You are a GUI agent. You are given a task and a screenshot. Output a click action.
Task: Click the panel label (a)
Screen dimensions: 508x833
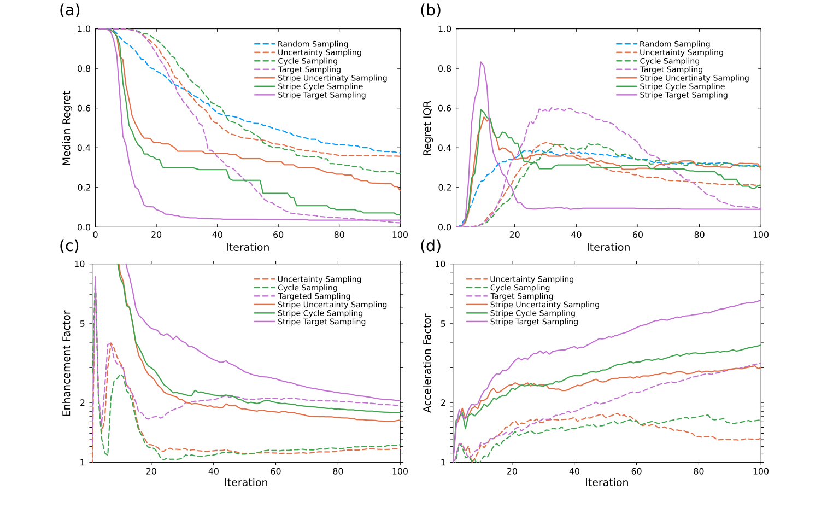coord(69,10)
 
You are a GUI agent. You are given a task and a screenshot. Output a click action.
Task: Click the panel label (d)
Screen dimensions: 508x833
coord(430,246)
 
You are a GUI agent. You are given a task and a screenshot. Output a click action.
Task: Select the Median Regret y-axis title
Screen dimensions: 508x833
coord(67,128)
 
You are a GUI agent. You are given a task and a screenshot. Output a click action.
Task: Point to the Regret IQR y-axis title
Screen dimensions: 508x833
coord(427,128)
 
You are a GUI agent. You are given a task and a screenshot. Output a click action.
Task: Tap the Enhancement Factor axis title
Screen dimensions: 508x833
coord(67,363)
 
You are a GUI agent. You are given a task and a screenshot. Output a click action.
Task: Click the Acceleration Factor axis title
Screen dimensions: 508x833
coord(427,363)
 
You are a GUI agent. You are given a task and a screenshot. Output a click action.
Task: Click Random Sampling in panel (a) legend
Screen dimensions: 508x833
coord(313,44)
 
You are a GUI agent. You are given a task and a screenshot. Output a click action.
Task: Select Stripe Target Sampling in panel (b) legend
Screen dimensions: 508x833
coord(683,95)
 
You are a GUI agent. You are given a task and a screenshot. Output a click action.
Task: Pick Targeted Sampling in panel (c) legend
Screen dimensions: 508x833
coord(314,296)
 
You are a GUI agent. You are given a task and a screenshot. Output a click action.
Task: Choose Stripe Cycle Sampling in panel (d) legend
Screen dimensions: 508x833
coord(532,313)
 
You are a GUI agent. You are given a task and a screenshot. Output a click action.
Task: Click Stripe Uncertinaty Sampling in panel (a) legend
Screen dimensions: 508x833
coord(332,78)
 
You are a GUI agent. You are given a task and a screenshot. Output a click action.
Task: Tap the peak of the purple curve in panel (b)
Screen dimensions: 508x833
coord(481,62)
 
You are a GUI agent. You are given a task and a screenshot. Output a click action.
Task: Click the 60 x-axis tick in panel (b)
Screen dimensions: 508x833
coord(638,235)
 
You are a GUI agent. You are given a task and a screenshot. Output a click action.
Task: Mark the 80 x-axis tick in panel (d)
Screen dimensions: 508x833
coord(699,470)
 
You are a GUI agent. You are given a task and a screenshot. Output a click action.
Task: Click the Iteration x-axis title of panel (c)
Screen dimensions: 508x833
coord(246,482)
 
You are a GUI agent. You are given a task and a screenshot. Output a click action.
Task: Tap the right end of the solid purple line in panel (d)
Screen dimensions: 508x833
coord(760,300)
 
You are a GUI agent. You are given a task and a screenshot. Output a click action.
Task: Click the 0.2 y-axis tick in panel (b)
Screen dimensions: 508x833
coord(445,188)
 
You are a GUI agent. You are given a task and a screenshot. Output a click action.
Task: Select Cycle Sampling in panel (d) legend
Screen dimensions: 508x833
coord(520,288)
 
